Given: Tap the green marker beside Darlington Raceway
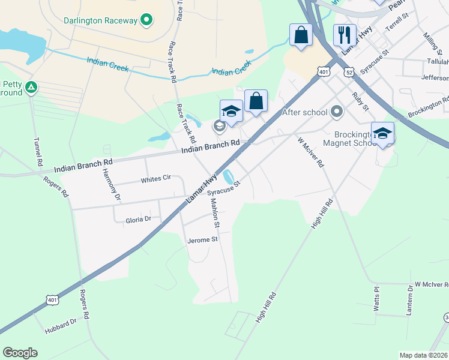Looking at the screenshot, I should tap(145, 20).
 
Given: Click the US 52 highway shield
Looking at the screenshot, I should tap(349, 72).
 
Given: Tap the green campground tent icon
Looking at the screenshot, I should tap(31, 88).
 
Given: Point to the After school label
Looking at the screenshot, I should tap(305, 112).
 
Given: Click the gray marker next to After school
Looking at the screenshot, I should tap(337, 112).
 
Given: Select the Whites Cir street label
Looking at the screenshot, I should tap(156, 179).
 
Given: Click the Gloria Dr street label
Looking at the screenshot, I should tap(138, 220).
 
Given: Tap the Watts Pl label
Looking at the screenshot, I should tap(377, 298).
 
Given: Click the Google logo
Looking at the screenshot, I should tap(20, 353).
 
